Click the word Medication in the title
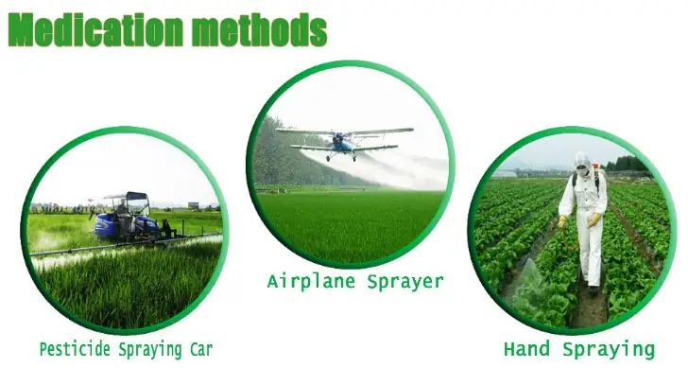tap(95, 29)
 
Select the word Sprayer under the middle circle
tap(405, 282)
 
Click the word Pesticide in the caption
tap(75, 350)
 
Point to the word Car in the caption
tap(201, 350)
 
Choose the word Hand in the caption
tap(526, 349)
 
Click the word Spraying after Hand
tap(609, 350)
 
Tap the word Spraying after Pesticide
tap(150, 350)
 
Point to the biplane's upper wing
tap(344, 131)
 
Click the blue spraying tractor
tap(128, 219)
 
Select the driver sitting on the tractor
tap(123, 215)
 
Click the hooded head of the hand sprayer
tap(582, 163)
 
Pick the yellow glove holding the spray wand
tap(562, 221)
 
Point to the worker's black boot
tap(593, 289)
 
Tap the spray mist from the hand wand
tap(528, 281)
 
